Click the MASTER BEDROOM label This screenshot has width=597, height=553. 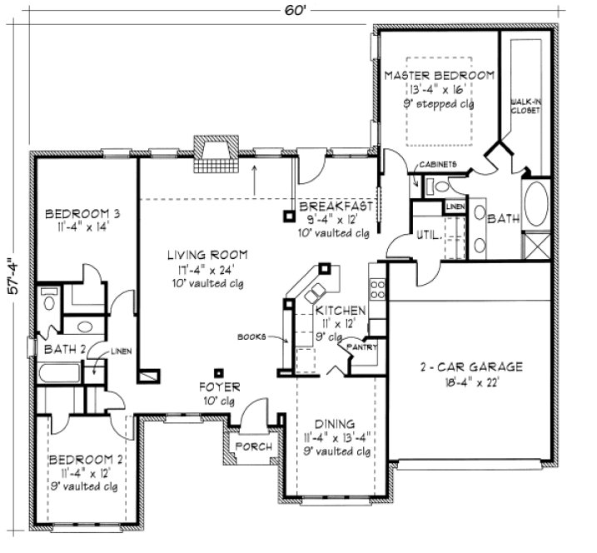coord(439,75)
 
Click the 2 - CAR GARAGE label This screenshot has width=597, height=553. coord(470,366)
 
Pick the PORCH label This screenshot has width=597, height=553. coord(254,447)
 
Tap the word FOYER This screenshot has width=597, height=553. coord(219,387)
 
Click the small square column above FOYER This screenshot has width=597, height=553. coord(219,372)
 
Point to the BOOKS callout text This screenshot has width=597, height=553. coord(251,337)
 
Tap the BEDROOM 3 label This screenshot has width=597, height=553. coord(76,212)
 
